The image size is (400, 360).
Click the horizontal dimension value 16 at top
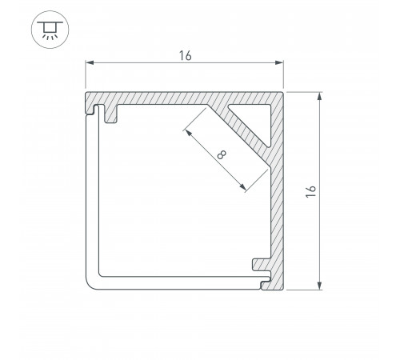tap(185, 56)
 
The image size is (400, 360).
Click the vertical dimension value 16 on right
tap(311, 191)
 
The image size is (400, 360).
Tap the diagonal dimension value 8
tap(222, 154)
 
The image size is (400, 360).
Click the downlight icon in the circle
tap(50, 30)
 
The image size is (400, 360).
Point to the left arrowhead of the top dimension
tap(90, 62)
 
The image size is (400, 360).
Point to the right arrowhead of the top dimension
tap(279, 62)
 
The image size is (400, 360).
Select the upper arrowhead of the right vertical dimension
tap(319, 96)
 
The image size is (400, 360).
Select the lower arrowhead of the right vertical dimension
tap(319, 286)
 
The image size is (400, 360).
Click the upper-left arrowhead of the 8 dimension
tap(188, 133)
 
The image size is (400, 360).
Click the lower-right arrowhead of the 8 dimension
tap(242, 187)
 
